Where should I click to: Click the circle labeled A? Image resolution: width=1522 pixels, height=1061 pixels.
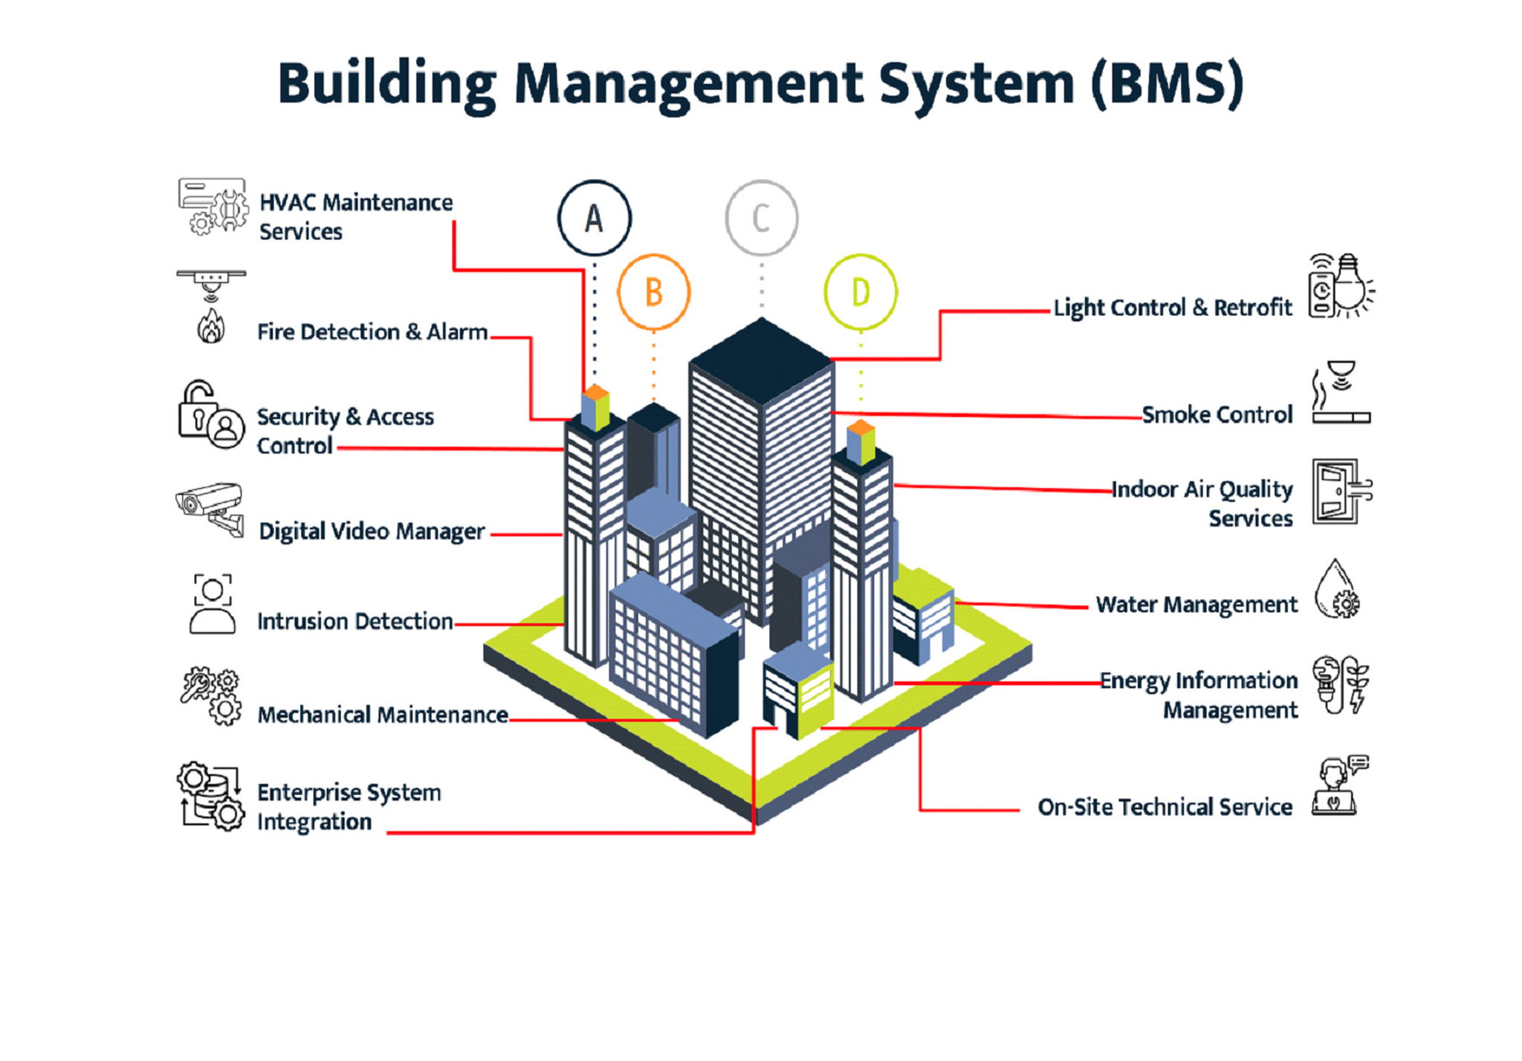(594, 218)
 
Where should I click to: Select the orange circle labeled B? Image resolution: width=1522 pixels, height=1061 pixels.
(653, 292)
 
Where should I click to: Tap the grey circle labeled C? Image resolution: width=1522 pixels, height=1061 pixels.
(761, 218)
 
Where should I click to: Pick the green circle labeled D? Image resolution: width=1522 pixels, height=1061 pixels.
(861, 292)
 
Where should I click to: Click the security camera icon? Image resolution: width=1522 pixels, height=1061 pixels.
(210, 508)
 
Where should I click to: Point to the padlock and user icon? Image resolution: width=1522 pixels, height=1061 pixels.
(210, 415)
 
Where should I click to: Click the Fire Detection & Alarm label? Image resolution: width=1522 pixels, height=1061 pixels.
(372, 331)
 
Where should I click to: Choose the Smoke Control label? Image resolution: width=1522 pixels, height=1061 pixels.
(1217, 415)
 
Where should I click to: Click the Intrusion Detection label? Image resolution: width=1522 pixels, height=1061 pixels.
(354, 621)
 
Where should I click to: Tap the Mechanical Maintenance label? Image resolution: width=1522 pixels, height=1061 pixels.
(382, 715)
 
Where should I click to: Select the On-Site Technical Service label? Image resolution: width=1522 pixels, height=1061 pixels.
(1165, 807)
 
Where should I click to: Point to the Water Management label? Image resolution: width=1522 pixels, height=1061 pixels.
(1196, 605)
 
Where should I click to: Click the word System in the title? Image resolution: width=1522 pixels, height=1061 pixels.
(976, 83)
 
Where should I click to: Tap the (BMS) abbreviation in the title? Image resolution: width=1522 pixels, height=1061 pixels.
(1168, 83)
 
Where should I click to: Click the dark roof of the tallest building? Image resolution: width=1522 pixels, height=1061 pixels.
(761, 360)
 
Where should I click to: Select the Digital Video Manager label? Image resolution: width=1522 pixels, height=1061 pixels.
(371, 532)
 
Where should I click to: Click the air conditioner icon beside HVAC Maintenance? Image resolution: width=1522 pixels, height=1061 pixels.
(212, 207)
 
